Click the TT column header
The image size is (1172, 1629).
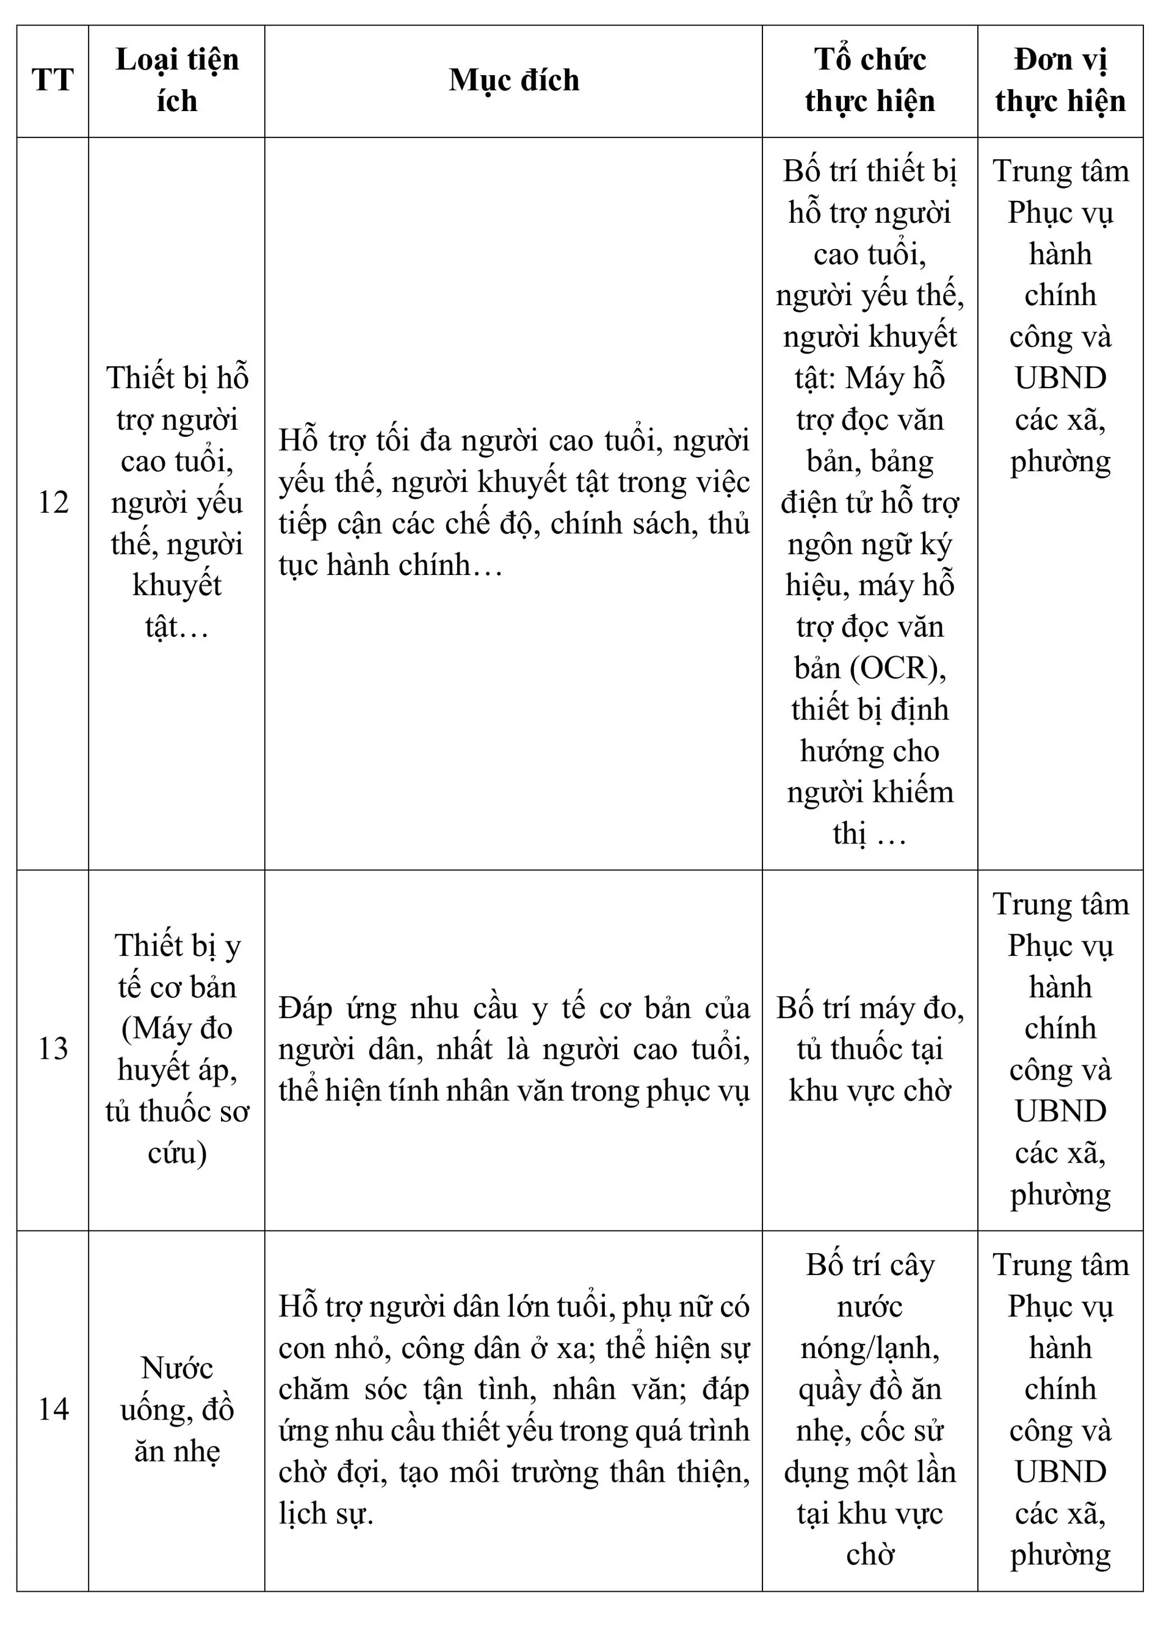[x=52, y=81]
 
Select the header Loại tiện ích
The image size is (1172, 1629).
[x=176, y=80]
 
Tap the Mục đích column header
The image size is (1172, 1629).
[x=513, y=80]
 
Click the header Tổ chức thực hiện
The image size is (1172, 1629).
[x=870, y=80]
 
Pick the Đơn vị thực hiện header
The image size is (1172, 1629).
[x=1060, y=80]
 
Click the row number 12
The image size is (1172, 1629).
[x=52, y=502]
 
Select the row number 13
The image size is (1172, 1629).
[x=52, y=1049]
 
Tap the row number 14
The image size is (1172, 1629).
[x=52, y=1409]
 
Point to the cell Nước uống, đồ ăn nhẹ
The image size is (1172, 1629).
[x=176, y=1409]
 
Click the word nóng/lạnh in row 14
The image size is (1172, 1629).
[x=870, y=1348]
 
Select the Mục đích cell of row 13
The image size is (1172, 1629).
[x=513, y=1049]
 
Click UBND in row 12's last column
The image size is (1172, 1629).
[x=1060, y=378]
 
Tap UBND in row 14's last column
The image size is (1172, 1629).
[x=1060, y=1472]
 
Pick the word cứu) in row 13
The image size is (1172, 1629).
[x=176, y=1153]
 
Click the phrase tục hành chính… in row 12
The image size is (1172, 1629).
[x=390, y=565]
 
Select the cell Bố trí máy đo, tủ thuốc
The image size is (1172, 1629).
[x=870, y=1049]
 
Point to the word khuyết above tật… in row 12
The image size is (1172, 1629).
[x=176, y=585]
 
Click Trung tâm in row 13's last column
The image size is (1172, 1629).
[x=1060, y=905]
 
